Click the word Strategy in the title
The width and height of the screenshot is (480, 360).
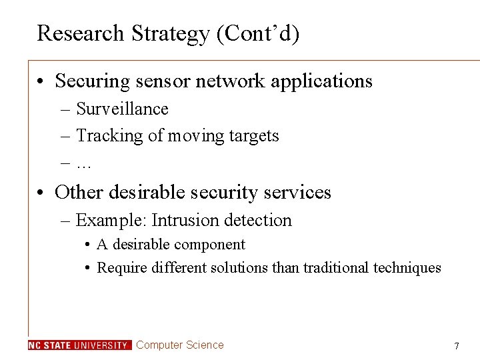click(x=166, y=33)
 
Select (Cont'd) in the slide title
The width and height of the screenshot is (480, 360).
click(x=257, y=33)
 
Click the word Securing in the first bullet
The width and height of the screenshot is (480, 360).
click(x=93, y=81)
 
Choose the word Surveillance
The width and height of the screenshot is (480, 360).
click(x=122, y=109)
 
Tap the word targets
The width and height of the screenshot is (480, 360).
click(x=253, y=137)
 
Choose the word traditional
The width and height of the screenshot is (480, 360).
click(x=336, y=268)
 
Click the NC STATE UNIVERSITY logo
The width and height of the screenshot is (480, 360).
click(x=79, y=345)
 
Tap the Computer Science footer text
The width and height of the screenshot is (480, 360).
click(x=180, y=345)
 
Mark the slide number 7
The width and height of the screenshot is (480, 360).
click(x=457, y=346)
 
